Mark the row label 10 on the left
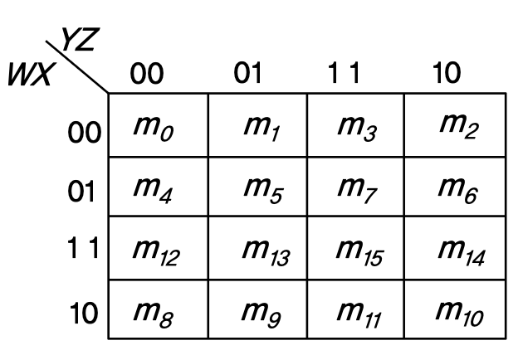tap(85, 314)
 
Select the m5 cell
tap(257, 190)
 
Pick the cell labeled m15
tap(355, 248)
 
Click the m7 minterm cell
tap(355, 190)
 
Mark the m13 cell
tap(257, 248)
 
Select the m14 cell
tap(454, 248)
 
